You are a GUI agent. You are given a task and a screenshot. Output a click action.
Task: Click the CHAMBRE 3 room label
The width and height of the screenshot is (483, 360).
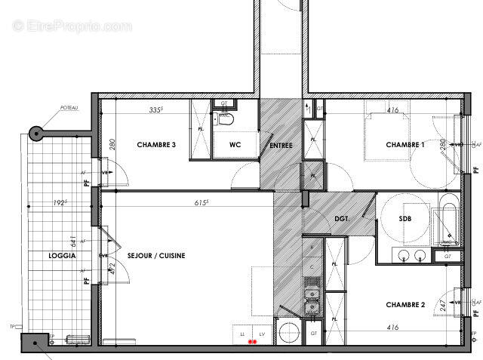click(x=156, y=144)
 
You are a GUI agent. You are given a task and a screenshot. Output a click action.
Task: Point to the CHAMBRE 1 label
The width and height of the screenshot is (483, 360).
click(x=405, y=145)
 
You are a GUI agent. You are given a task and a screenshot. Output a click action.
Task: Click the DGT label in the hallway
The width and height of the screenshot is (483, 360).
click(x=343, y=219)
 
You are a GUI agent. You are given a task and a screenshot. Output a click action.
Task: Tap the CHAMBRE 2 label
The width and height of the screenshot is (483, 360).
click(x=405, y=305)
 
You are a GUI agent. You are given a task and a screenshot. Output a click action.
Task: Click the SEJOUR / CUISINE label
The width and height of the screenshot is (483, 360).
click(x=156, y=256)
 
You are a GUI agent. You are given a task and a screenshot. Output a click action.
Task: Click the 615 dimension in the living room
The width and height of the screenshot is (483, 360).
click(x=201, y=203)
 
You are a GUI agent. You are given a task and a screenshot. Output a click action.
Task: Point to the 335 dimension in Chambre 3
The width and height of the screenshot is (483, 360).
click(x=157, y=110)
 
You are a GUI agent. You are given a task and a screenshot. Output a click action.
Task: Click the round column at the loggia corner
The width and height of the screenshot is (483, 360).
click(x=35, y=134)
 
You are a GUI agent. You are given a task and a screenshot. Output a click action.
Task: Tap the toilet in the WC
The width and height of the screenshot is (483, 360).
click(x=225, y=118)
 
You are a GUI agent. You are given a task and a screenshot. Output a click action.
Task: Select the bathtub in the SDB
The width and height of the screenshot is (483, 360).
click(x=447, y=218)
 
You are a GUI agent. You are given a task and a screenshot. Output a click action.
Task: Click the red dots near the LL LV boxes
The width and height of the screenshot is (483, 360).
click(x=253, y=342)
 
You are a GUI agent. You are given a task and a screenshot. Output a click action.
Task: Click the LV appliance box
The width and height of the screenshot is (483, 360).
click(x=262, y=333)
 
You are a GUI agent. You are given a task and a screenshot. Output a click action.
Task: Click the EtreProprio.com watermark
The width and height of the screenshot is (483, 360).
click(x=73, y=26)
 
